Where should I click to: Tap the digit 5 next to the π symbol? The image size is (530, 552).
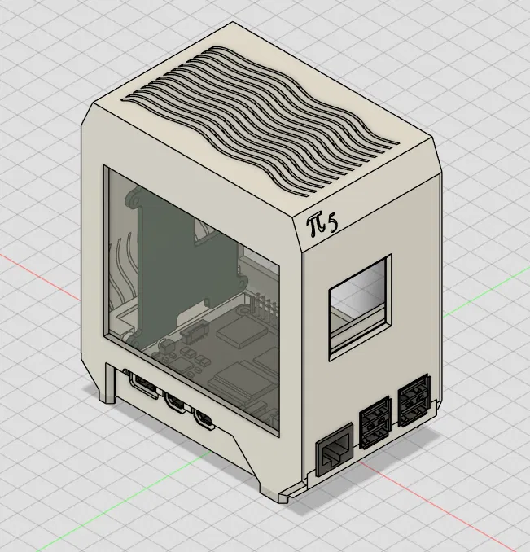(332, 225)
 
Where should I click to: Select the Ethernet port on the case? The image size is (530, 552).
(335, 449)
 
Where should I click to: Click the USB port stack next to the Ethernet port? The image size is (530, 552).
(375, 423)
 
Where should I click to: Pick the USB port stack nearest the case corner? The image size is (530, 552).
(414, 401)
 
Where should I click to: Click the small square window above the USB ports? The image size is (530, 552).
(360, 307)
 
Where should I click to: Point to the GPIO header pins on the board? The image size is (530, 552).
(264, 308)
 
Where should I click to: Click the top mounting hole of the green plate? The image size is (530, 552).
(134, 199)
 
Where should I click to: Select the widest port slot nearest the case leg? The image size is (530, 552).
(144, 384)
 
